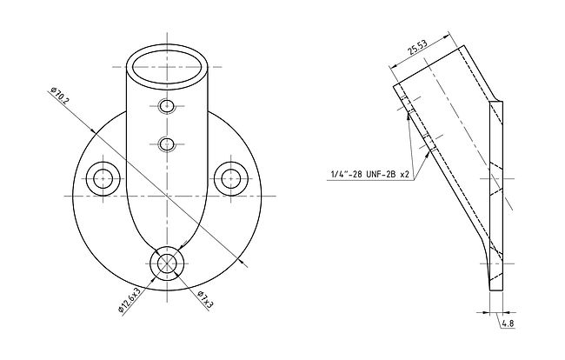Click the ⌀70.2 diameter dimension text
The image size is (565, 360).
click(59, 96)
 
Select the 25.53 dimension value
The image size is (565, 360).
click(417, 47)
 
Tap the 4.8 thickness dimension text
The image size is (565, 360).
click(508, 323)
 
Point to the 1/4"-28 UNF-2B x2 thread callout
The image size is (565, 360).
click(369, 175)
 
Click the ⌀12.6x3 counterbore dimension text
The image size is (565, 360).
click(129, 300)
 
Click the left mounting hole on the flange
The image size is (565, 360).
click(103, 179)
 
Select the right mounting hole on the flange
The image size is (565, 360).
click(231, 179)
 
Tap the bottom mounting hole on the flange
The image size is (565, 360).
click(167, 263)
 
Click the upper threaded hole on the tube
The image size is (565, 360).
click(167, 106)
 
